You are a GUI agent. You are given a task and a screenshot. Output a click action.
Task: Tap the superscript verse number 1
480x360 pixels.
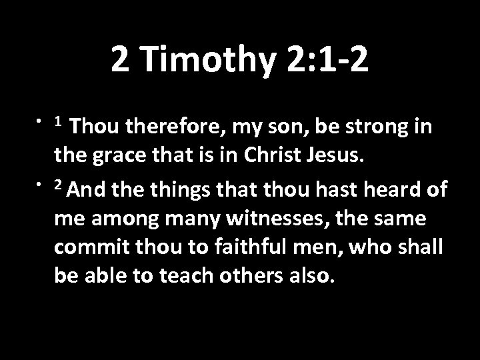(59, 121)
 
